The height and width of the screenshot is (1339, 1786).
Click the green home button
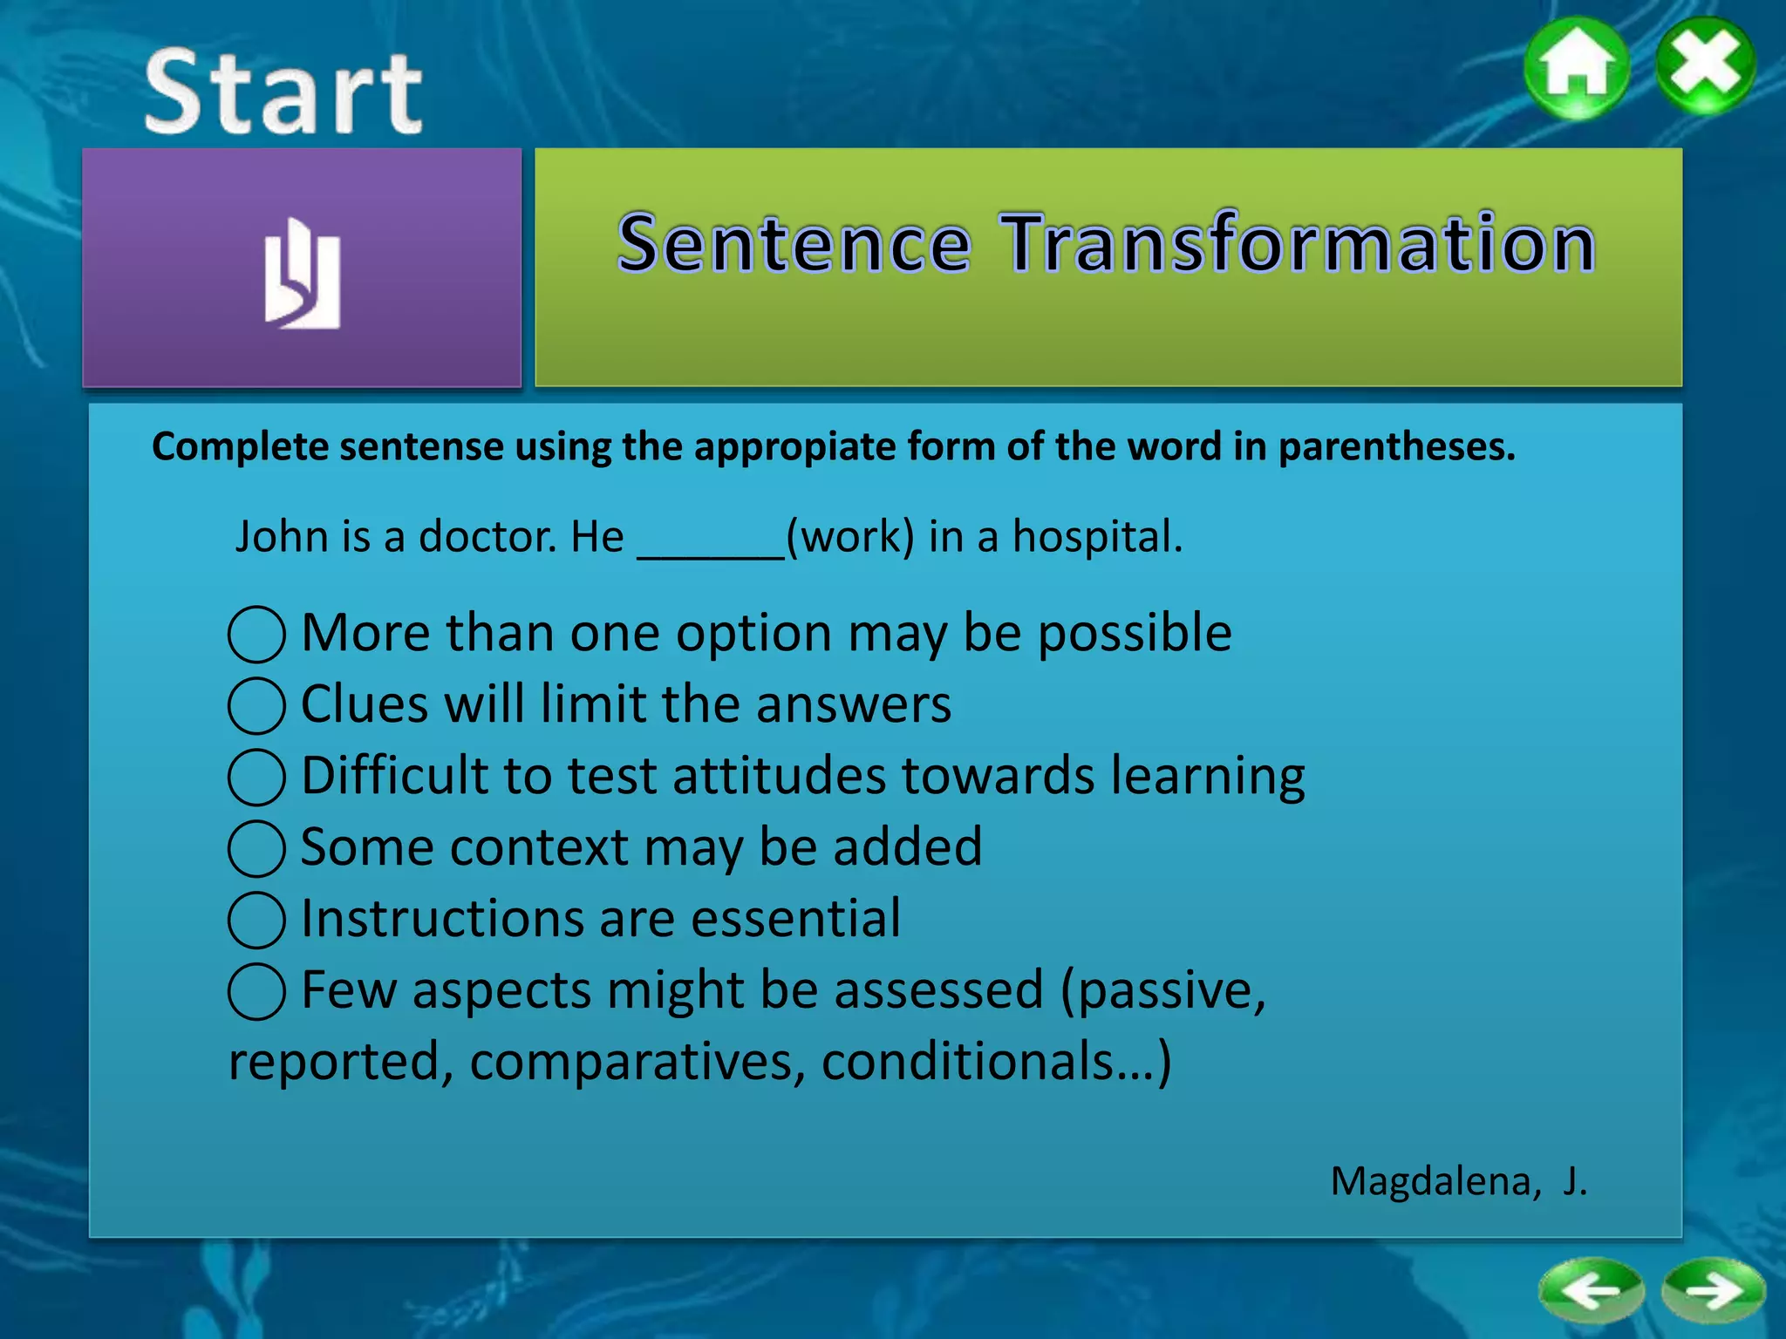(x=1577, y=68)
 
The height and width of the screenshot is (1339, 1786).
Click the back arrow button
(x=1592, y=1290)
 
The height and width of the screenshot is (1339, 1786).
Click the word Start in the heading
(x=284, y=92)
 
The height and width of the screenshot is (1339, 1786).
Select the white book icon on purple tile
(x=302, y=274)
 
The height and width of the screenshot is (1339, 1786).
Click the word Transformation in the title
(x=1299, y=244)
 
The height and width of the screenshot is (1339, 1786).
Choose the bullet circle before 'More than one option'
(x=256, y=635)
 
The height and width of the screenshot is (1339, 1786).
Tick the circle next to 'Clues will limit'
(x=256, y=706)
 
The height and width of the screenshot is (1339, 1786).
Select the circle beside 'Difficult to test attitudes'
(x=256, y=778)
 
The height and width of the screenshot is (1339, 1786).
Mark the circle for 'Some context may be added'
(x=256, y=849)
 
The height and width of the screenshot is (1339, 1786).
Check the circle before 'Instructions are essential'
(x=256, y=921)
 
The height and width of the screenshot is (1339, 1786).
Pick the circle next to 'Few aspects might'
(x=256, y=992)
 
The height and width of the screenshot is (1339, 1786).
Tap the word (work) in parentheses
(x=850, y=537)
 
